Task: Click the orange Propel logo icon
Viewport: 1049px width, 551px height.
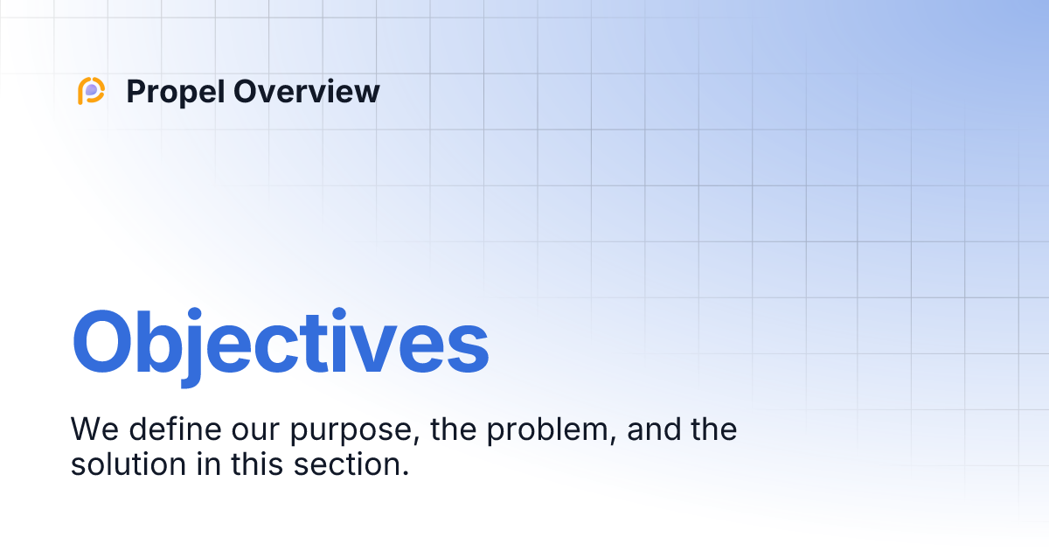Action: pos(91,91)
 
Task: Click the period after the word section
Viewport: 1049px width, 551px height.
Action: pos(406,473)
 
